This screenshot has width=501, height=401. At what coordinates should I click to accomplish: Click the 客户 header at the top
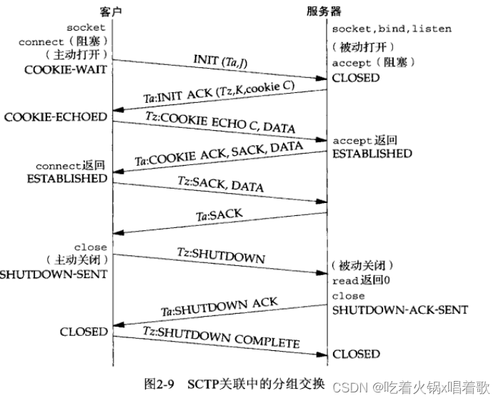(112, 11)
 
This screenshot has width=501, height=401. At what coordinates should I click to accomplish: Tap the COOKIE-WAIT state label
(70, 70)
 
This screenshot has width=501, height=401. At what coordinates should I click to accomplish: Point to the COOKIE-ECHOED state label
(55, 117)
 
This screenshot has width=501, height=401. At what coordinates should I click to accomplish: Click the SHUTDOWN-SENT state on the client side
(54, 274)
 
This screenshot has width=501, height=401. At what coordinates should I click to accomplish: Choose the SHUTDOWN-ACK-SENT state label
(400, 310)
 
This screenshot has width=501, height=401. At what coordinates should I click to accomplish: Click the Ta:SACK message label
(219, 213)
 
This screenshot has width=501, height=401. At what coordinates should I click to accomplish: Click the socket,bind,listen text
(392, 29)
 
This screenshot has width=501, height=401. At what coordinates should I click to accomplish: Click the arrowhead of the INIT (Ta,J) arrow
(322, 78)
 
